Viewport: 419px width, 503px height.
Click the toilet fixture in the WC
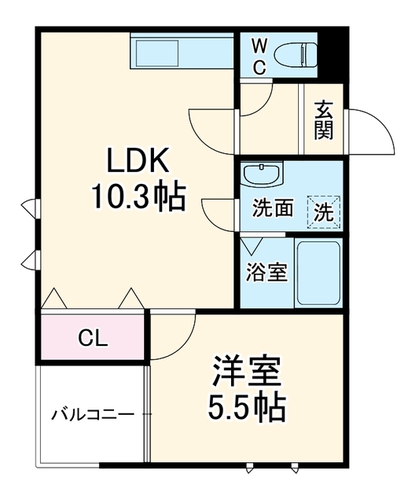[x=296, y=55]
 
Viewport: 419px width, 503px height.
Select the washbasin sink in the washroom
[x=263, y=174]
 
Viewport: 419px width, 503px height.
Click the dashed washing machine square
[x=323, y=211]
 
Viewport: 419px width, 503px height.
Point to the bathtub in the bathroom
[x=318, y=274]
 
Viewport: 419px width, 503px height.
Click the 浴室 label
[x=266, y=273]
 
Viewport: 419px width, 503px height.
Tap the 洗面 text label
[x=272, y=207]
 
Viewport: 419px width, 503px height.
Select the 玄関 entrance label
[x=323, y=120]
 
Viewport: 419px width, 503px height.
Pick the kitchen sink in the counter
[x=157, y=53]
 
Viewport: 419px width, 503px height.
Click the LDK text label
[x=138, y=160]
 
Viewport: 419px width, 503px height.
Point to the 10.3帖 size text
[x=138, y=197]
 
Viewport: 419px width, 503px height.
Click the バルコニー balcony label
[x=93, y=415]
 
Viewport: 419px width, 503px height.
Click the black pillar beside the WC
[x=333, y=55]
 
